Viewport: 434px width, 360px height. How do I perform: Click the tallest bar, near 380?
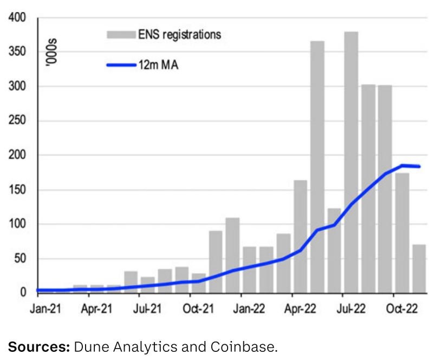pos(351,163)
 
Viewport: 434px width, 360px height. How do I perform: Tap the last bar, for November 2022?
pos(419,269)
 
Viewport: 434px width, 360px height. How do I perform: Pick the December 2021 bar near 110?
pos(232,255)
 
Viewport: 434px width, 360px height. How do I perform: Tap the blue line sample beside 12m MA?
pos(120,65)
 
